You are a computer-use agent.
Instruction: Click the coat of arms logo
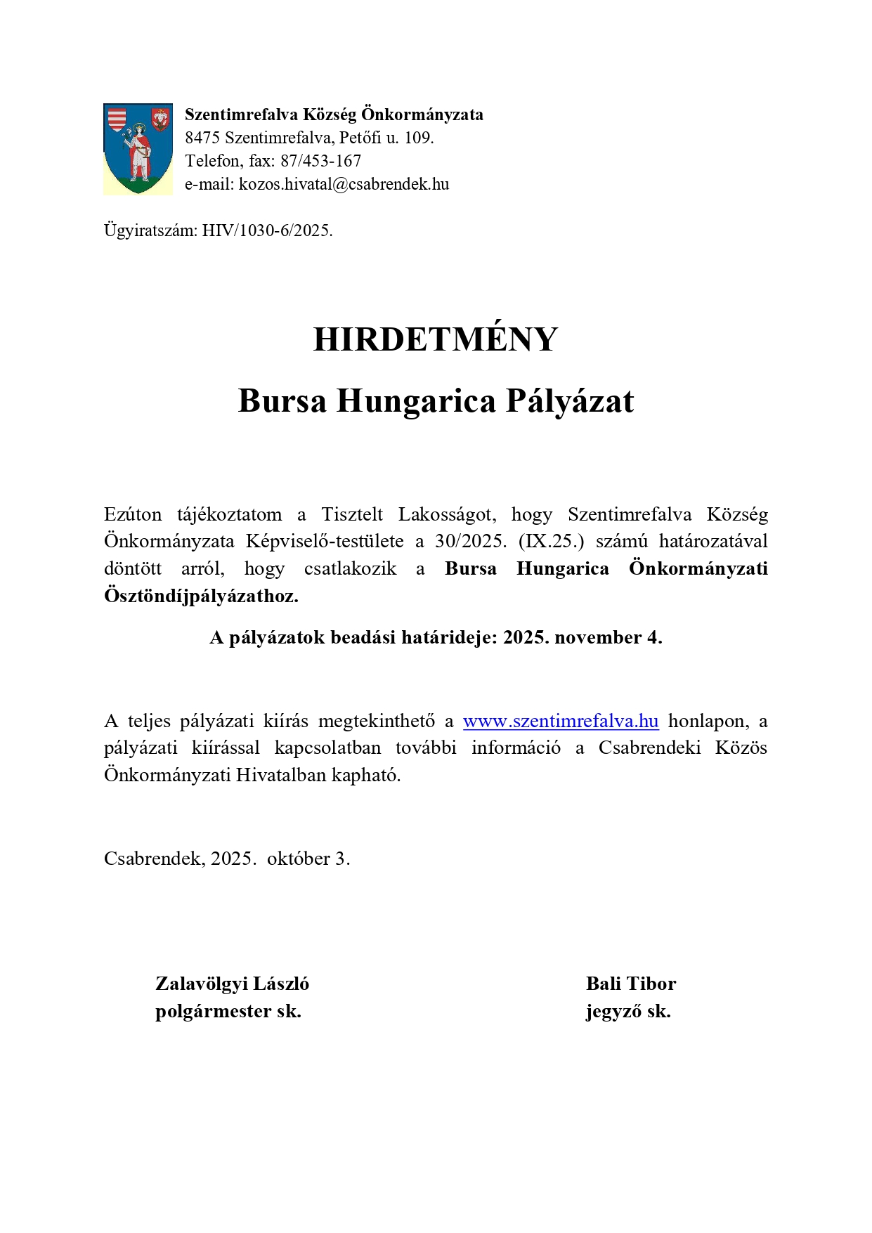(138, 149)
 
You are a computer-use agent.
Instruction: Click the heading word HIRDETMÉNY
(435, 340)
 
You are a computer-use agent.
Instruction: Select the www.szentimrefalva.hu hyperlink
(560, 722)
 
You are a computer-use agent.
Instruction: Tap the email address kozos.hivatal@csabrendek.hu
(344, 184)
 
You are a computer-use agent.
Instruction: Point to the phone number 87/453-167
(320, 161)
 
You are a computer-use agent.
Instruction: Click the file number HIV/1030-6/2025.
(267, 230)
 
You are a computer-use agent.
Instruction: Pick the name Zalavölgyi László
(232, 984)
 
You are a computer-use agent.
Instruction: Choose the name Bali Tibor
(630, 984)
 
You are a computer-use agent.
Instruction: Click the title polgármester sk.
(228, 1012)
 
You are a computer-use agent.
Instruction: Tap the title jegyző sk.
(628, 1012)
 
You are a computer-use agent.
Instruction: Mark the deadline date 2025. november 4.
(583, 637)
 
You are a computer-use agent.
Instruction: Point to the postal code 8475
(202, 138)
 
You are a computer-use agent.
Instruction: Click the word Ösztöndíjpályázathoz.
(201, 596)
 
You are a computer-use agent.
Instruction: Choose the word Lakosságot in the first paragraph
(447, 515)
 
